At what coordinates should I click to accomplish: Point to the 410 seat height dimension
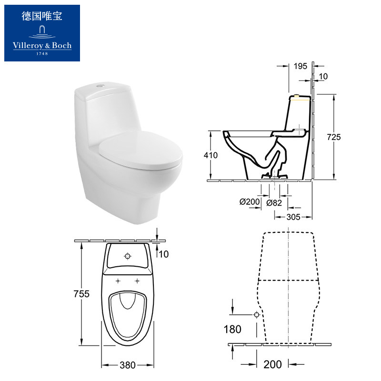211,155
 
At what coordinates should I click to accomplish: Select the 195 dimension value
300,66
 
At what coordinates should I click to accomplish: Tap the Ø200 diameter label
249,202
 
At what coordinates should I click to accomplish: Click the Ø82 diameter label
275,202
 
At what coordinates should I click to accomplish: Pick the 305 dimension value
293,217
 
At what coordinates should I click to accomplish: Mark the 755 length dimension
81,294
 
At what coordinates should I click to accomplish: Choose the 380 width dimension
128,365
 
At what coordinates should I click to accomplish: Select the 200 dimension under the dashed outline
272,365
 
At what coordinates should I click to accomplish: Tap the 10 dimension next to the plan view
163,254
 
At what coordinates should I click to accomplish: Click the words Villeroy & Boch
42,46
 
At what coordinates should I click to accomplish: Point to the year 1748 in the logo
42,53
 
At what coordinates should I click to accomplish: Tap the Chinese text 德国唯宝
42,17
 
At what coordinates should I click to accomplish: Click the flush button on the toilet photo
98,86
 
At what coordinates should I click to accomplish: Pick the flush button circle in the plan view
127,256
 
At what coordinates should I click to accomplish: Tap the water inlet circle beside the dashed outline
257,315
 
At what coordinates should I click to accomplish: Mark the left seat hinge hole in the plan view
118,280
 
